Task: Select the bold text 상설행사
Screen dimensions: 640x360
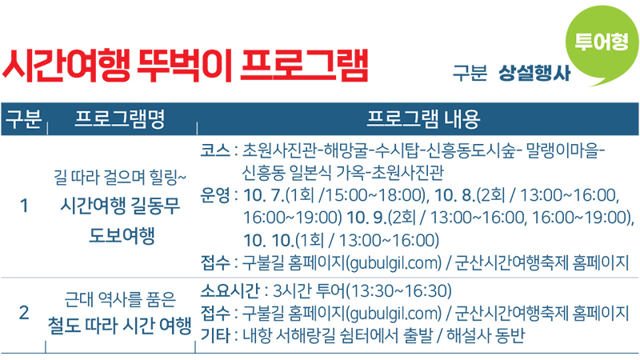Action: pyautogui.click(x=534, y=73)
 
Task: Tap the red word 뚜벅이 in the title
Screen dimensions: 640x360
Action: pyautogui.click(x=185, y=66)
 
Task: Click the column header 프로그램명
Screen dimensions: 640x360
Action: pyautogui.click(x=120, y=119)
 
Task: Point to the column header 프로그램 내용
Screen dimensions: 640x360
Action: pyautogui.click(x=423, y=119)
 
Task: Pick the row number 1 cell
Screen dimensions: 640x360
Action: pyautogui.click(x=24, y=206)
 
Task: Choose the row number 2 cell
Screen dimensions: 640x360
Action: pyautogui.click(x=24, y=313)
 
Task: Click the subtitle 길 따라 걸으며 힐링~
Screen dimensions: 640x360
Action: pyautogui.click(x=120, y=177)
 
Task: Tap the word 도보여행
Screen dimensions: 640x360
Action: pyautogui.click(x=122, y=235)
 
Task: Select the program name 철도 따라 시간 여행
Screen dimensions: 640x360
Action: pyautogui.click(x=119, y=326)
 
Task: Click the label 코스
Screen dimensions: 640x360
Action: pyautogui.click(x=215, y=150)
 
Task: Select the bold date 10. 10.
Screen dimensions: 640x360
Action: pyautogui.click(x=269, y=240)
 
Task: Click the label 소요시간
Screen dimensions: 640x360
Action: pyautogui.click(x=230, y=290)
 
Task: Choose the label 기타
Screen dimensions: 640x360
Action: pyautogui.click(x=215, y=335)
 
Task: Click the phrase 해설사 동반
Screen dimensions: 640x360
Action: pyautogui.click(x=486, y=335)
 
